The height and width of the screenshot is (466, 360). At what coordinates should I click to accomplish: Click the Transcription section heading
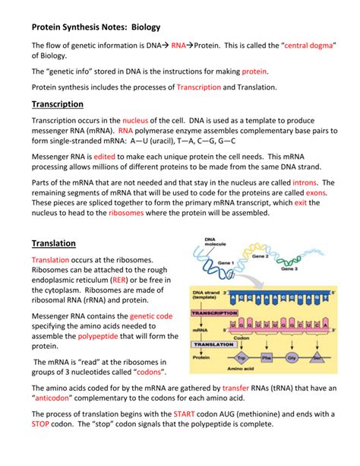click(x=57, y=104)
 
